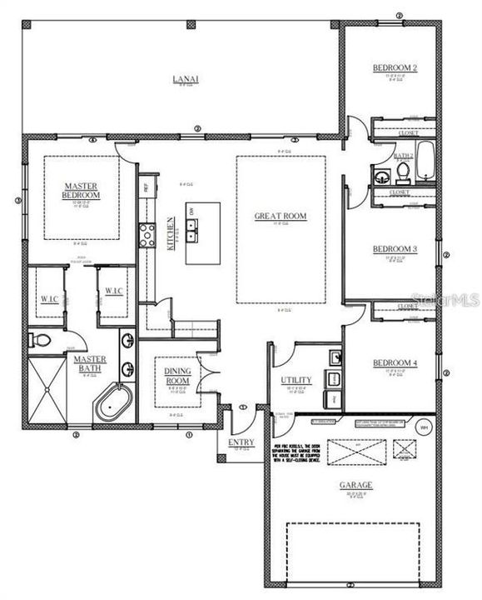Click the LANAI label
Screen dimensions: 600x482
pos(184,79)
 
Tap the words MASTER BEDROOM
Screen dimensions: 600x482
pos(82,190)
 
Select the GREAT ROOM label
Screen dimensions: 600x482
pos(280,217)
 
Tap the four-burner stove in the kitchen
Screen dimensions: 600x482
pos(147,236)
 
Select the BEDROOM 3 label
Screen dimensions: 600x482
pos(394,249)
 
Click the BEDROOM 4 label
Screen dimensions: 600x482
pos(394,363)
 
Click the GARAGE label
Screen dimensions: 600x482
pos(355,484)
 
